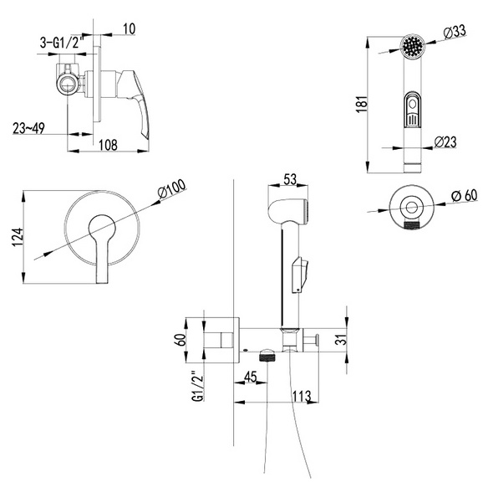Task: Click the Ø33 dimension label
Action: pos(455,32)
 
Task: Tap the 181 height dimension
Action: pos(362,104)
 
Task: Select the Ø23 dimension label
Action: pos(445,141)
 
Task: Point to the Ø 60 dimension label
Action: pos(464,196)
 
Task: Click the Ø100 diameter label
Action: pos(172,189)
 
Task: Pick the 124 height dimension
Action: pos(18,237)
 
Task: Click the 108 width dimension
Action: pos(108,145)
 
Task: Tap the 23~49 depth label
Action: pos(28,128)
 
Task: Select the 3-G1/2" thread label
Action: pos(62,42)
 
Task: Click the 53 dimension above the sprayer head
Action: pos(290,179)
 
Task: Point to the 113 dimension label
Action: pos(302,396)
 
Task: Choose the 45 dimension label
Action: pos(251,377)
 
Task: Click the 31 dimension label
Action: pos(341,339)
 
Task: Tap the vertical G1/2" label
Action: pos(198,386)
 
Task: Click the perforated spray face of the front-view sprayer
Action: pos(413,46)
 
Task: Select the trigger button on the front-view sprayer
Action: pos(412,110)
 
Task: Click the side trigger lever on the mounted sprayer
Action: pos(300,274)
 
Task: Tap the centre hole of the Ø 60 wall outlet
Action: pos(411,207)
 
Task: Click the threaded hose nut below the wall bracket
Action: pos(267,356)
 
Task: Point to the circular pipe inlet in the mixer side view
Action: pos(67,84)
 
